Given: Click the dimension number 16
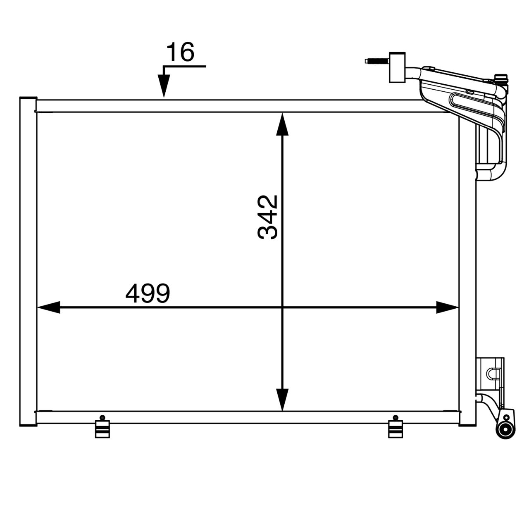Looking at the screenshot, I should [x=180, y=52].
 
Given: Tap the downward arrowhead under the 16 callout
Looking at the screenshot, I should [x=164, y=87].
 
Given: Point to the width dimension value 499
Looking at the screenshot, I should [x=148, y=293].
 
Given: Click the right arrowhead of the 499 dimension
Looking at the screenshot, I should [x=448, y=307].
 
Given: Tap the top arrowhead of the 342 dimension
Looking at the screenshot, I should [x=282, y=124].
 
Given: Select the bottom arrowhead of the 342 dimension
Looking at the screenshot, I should [x=282, y=400].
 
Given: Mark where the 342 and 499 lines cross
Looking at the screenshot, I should [x=282, y=307].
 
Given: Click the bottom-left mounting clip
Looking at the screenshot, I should [x=102, y=429].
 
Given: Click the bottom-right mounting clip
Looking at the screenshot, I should [x=396, y=429].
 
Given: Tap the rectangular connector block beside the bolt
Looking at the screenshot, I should [x=398, y=67].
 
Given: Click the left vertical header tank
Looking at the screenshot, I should [x=28, y=262].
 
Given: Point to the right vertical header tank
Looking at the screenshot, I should [x=467, y=273].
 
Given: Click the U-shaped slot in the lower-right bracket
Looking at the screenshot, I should [x=493, y=373].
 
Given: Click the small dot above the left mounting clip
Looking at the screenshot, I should [x=102, y=417].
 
